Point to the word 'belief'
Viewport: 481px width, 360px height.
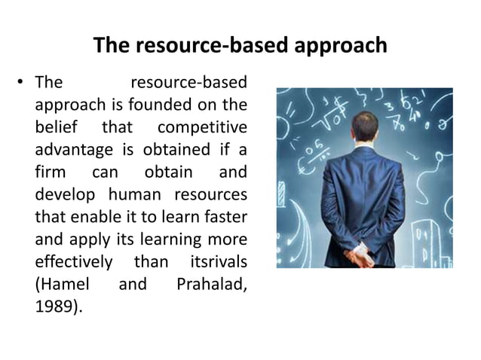click(x=54, y=123)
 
